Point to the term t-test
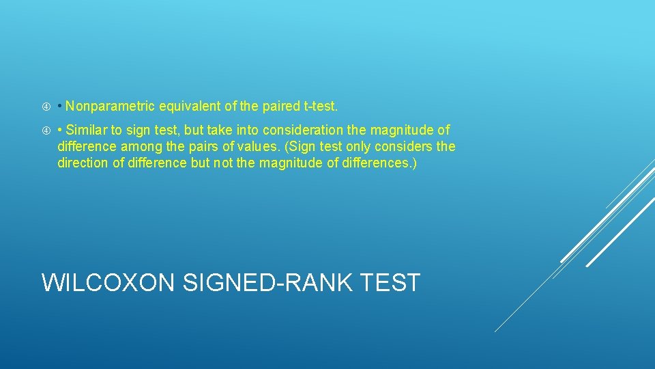pos(320,107)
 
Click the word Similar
pos(87,130)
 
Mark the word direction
pos(83,163)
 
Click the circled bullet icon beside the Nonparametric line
pos(45,107)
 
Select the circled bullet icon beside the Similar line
pos(45,131)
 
